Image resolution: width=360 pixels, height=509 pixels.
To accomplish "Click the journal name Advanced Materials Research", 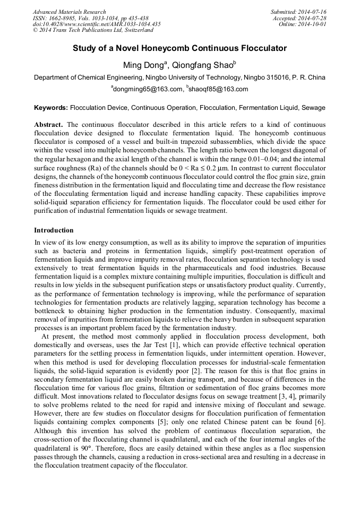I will tap(69, 12).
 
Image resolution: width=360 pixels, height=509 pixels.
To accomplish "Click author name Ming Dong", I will tap(144, 65).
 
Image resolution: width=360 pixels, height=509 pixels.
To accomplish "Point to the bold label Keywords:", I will tap(51, 108).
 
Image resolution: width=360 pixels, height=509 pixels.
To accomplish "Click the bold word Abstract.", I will tap(48, 125).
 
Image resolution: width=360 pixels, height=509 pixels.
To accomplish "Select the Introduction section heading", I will tap(54, 230).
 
